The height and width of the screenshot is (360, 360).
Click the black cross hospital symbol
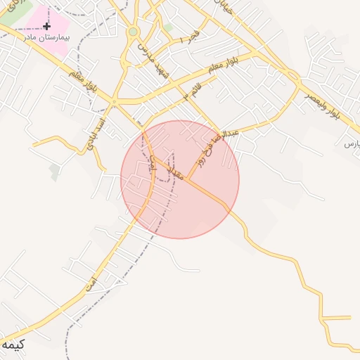tap(46, 26)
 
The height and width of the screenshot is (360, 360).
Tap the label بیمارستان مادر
tap(47, 37)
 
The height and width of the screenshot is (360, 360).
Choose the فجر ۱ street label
tap(190, 37)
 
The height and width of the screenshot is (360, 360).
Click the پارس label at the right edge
tap(352, 143)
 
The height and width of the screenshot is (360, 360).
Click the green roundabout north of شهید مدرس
tap(133, 32)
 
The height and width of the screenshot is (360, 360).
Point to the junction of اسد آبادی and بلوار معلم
tap(113, 103)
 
